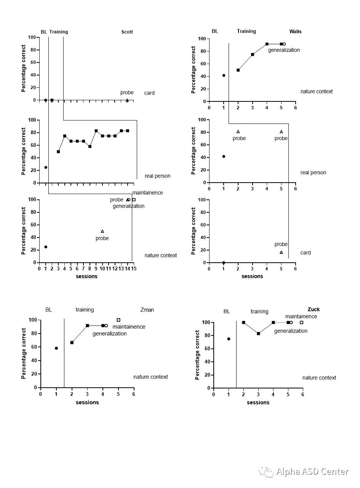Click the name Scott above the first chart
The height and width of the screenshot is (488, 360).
127,32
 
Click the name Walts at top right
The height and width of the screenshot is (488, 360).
295,32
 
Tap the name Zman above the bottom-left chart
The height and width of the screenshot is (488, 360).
147,310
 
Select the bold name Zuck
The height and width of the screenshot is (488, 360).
314,310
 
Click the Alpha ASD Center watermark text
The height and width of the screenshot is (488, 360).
312,472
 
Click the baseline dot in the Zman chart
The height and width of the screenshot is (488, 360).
56,348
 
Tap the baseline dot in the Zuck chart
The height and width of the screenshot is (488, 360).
229,339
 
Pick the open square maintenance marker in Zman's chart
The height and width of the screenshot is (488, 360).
118,320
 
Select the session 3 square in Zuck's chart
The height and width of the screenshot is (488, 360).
258,334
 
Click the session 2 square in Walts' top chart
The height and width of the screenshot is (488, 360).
238,70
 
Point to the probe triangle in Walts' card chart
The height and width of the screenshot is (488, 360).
281,252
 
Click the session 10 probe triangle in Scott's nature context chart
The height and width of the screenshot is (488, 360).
102,231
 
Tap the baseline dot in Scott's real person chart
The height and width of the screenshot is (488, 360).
46,167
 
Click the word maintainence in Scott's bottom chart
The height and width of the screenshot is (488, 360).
147,193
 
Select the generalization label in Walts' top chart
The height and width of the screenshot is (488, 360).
284,50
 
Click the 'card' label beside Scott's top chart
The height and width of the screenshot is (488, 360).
149,93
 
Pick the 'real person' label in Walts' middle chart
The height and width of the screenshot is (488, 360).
313,173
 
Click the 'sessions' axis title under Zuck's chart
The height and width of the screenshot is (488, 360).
258,403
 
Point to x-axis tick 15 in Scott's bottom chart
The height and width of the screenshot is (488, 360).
134,268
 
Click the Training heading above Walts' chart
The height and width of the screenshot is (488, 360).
246,31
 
